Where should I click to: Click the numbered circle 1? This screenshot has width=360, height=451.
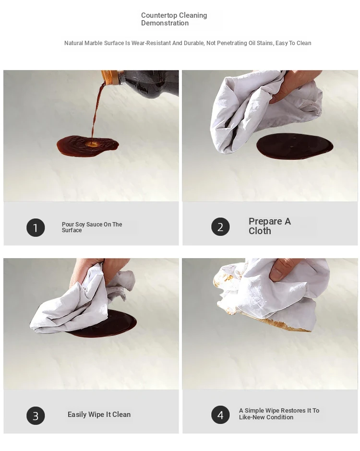[x=36, y=227]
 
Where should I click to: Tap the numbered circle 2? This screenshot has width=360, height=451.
[x=220, y=226]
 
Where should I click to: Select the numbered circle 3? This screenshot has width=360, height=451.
[x=36, y=415]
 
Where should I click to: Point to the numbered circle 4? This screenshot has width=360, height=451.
[x=220, y=415]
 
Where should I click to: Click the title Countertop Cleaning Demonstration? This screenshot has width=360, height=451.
[x=174, y=19]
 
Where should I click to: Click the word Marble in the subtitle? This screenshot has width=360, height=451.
[x=93, y=43]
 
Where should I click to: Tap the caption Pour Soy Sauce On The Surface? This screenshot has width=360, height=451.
[x=92, y=227]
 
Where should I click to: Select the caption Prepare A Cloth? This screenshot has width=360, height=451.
[x=270, y=226]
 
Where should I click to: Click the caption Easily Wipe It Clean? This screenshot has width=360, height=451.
[x=99, y=415]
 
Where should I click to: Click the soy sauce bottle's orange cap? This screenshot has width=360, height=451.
[x=110, y=77]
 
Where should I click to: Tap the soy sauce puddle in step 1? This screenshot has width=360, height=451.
[x=87, y=146]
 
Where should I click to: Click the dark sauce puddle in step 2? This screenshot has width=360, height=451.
[x=295, y=146]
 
